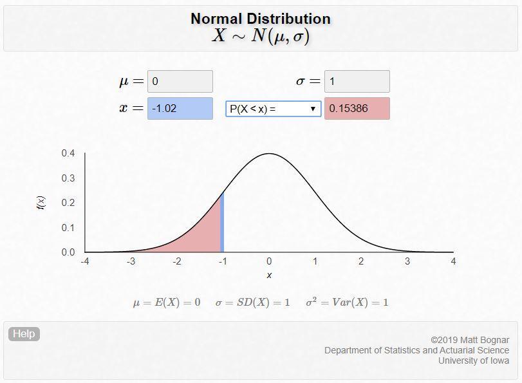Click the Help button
point(24,333)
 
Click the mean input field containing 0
point(180,82)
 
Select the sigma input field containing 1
point(357,82)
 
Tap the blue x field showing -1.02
point(180,108)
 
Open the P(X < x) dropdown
point(273,109)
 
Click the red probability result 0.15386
point(357,108)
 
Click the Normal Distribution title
point(261,19)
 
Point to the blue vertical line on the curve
point(222,222)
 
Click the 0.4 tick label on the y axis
point(68,153)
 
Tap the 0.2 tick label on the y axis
point(68,203)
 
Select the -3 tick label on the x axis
point(131,261)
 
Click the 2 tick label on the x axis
point(361,261)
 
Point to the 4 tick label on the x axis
point(453,261)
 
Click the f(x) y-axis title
point(41,203)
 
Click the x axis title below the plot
point(269,275)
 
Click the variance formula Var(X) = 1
point(347,303)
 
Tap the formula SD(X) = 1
point(253,303)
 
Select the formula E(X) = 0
point(167,303)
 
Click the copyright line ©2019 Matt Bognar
point(470,340)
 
